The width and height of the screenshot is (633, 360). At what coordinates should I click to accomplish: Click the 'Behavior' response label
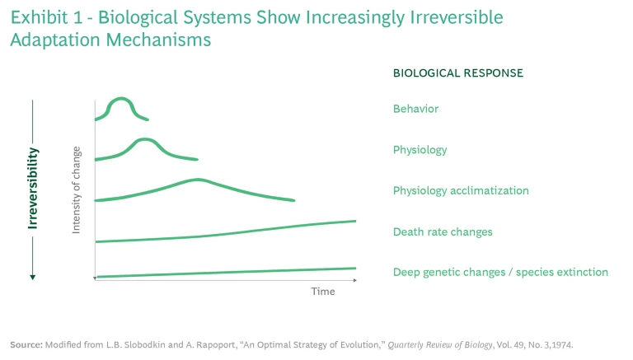point(415,109)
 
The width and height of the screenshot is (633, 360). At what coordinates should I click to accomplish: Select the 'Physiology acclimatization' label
point(461,191)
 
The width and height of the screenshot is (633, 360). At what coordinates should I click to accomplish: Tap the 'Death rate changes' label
point(443,231)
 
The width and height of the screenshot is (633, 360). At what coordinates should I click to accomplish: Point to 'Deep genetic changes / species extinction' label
point(500,272)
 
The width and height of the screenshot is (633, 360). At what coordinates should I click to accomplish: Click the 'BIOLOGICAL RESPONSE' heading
point(457,72)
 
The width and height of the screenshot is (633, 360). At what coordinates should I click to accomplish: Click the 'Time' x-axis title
point(322,292)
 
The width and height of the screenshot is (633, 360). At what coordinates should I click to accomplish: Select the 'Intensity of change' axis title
point(77,189)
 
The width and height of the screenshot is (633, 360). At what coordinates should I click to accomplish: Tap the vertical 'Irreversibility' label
point(33,189)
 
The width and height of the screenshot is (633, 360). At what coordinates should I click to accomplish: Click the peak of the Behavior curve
point(121,99)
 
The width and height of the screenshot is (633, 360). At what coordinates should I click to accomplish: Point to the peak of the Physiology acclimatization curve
point(198,179)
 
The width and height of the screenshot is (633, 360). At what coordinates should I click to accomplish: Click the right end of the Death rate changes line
point(354,221)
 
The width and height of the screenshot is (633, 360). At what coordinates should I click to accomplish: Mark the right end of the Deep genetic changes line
point(354,268)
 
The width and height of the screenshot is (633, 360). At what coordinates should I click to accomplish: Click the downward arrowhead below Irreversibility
point(33,277)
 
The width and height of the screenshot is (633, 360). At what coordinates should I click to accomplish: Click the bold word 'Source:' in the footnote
point(28,343)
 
